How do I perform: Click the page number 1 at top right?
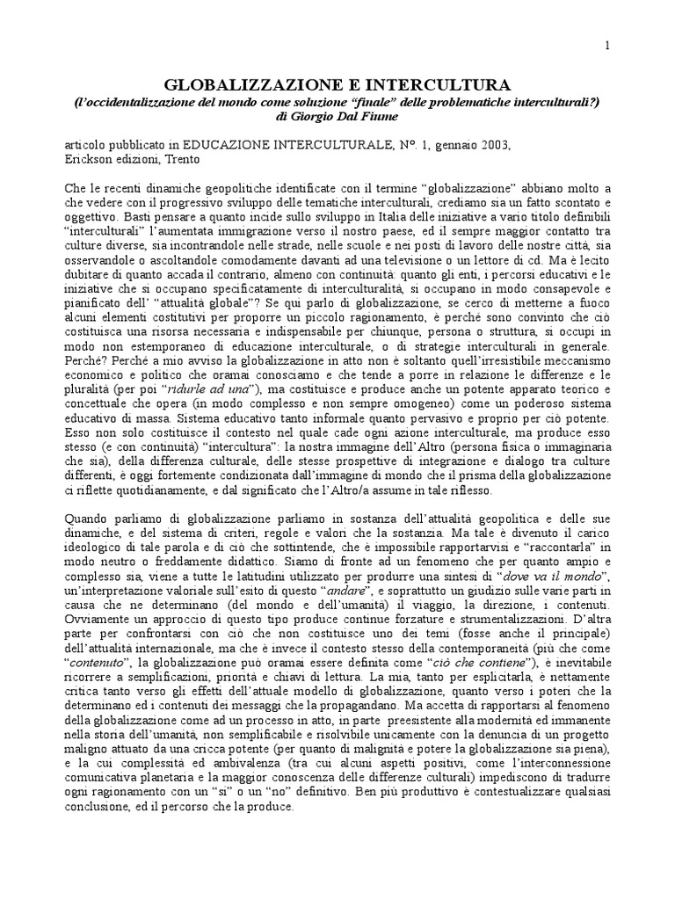click(x=607, y=47)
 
